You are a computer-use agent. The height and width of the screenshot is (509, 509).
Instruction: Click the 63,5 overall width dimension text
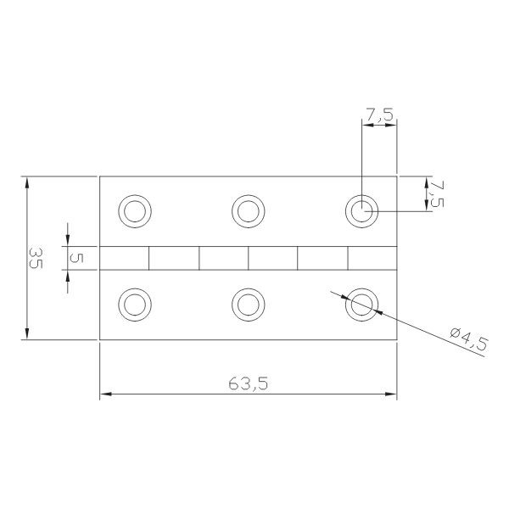tap(249, 383)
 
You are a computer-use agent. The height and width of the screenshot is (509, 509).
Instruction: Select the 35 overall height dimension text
tap(36, 258)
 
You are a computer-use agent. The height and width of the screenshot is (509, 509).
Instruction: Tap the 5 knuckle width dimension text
tap(76, 258)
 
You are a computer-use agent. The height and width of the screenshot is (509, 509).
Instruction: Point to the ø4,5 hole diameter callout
tap(469, 338)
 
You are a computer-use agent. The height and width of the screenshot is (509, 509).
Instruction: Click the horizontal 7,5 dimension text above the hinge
tap(380, 115)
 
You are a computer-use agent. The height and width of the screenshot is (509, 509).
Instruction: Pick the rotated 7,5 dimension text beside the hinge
tap(437, 194)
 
